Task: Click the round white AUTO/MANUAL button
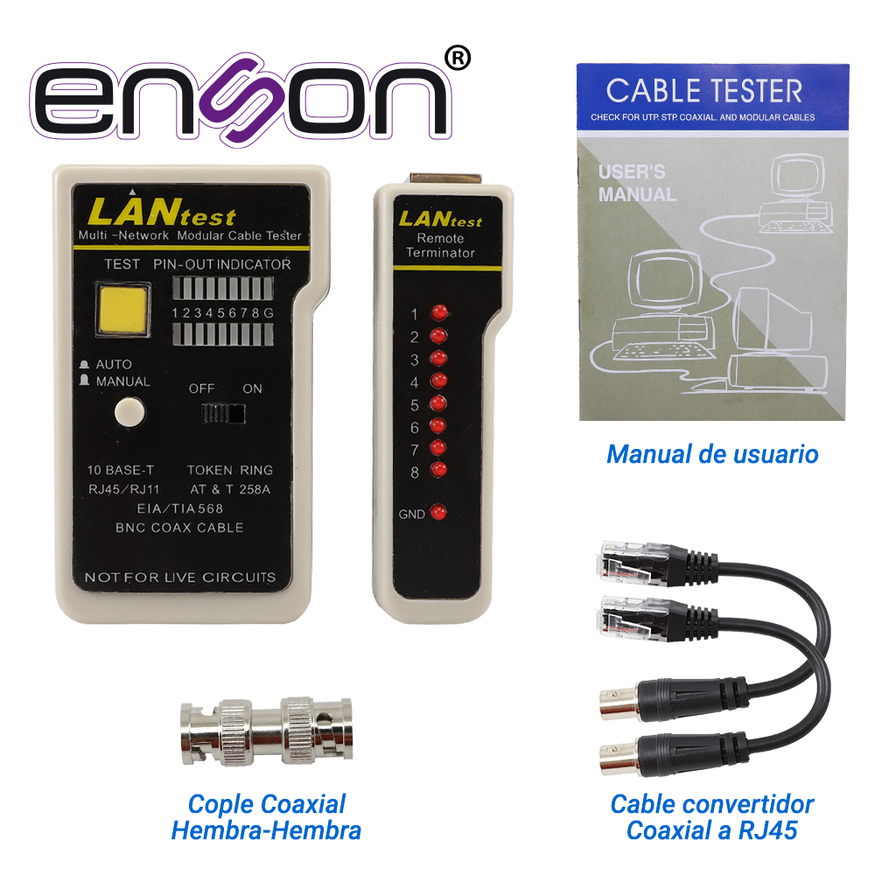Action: click(x=129, y=412)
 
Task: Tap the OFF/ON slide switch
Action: click(x=222, y=414)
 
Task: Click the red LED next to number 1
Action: click(x=439, y=312)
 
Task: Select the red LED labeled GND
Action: click(x=438, y=512)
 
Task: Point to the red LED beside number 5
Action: click(x=438, y=402)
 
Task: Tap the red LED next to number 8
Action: click(x=438, y=470)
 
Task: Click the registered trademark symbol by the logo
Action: click(x=458, y=59)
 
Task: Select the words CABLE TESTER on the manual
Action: click(x=704, y=91)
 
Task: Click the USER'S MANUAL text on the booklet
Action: click(x=637, y=183)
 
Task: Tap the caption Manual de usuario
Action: click(x=712, y=454)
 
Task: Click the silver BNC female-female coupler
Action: click(x=267, y=731)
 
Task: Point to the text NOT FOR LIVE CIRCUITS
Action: click(x=179, y=577)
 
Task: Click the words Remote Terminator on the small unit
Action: click(x=440, y=246)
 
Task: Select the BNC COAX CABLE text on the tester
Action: click(x=179, y=528)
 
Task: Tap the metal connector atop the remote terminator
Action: click(x=446, y=179)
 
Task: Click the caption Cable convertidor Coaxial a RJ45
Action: click(x=711, y=817)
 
